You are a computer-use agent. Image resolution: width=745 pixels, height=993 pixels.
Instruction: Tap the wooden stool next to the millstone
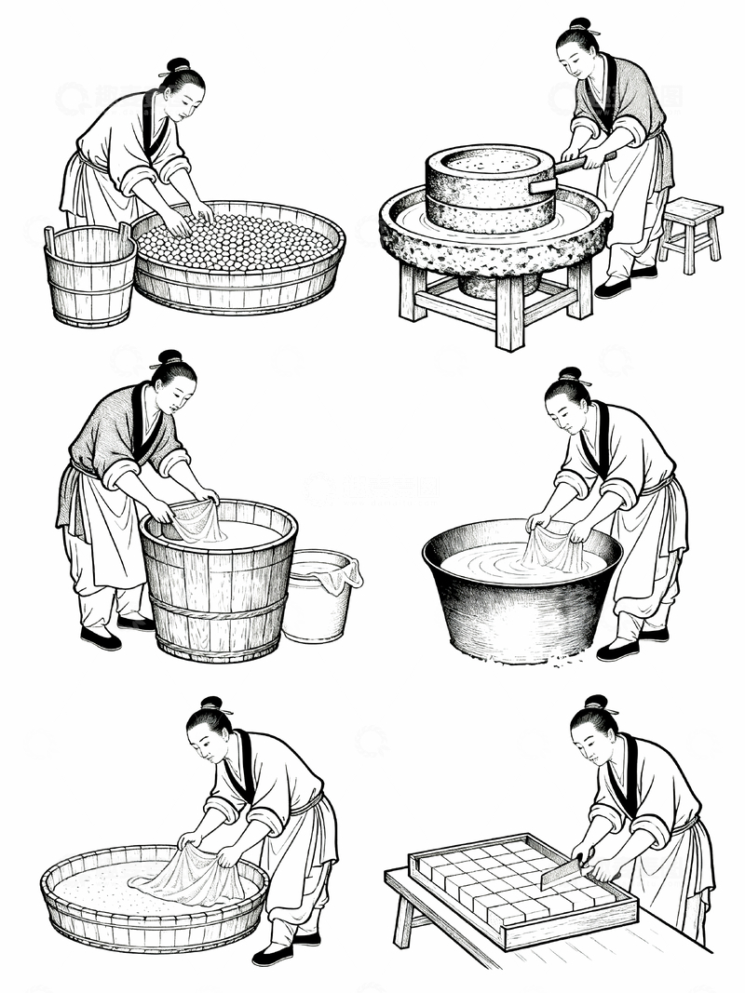(x=690, y=227)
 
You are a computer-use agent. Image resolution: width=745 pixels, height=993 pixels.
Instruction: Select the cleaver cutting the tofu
(x=562, y=872)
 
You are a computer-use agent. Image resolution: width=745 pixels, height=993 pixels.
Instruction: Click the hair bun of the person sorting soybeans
(x=179, y=65)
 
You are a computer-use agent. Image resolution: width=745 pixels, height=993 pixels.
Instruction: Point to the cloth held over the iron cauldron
(x=551, y=549)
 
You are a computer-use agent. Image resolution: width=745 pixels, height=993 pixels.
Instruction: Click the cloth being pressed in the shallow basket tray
(x=191, y=879)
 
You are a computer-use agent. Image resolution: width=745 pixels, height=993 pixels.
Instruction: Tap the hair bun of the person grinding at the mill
(x=579, y=25)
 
